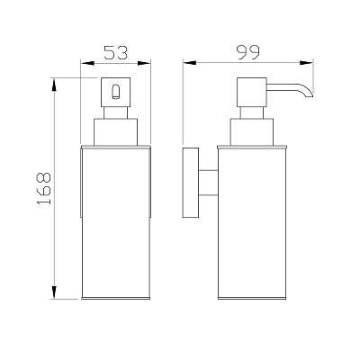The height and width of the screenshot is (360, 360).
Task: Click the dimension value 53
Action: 116,52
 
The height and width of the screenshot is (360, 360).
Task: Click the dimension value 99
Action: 247,52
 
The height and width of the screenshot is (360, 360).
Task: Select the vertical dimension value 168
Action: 44,188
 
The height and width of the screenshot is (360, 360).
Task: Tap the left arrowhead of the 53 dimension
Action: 87,63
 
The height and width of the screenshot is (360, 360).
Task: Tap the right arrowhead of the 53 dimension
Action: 144,63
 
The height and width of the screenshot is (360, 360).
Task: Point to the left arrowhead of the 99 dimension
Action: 190,63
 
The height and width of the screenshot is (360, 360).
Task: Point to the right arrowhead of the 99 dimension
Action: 307,63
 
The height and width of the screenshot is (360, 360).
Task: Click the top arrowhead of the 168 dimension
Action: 54,85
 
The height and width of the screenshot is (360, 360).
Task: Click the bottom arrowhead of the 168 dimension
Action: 54,292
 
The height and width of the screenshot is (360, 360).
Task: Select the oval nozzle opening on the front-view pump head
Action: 115,92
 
